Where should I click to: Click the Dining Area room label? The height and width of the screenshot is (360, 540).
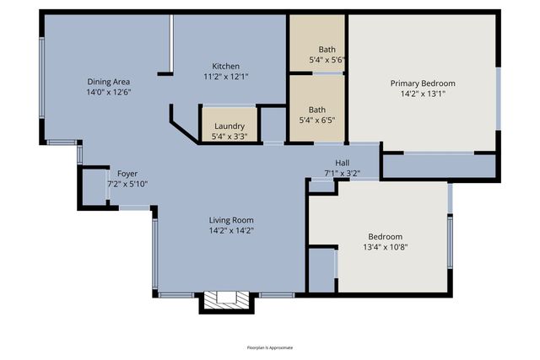[x=109, y=82]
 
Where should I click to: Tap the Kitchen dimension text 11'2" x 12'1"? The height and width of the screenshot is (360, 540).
[x=225, y=77]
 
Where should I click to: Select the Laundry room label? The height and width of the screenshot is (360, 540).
[x=229, y=126]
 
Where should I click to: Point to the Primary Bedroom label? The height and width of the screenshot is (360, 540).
[x=422, y=83]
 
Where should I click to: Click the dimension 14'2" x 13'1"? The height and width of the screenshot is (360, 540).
[x=422, y=94]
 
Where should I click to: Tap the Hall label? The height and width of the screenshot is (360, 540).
[x=342, y=164]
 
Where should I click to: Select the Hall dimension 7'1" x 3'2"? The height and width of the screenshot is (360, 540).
[x=342, y=174]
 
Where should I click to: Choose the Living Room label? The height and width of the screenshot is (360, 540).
[x=231, y=220]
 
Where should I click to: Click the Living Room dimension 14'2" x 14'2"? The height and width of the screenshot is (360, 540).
[x=231, y=230]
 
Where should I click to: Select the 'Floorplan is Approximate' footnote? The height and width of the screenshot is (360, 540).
[x=270, y=347]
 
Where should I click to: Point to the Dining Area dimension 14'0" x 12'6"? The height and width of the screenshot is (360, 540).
[x=109, y=92]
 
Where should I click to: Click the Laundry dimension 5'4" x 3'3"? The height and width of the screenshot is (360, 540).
[x=229, y=136]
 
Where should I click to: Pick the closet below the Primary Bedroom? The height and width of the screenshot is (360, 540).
[x=439, y=165]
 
